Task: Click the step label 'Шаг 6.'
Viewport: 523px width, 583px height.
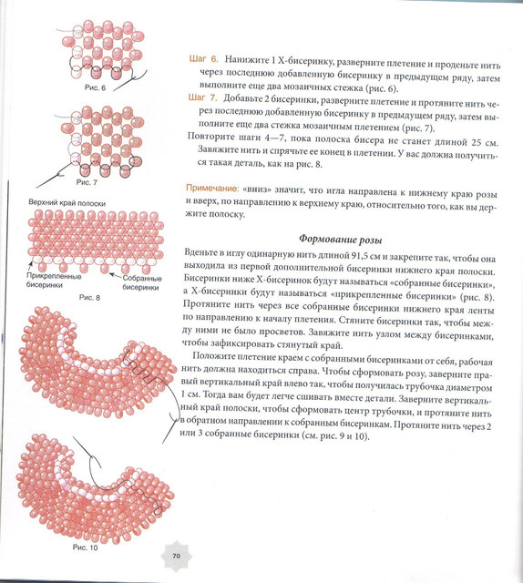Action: tap(203, 59)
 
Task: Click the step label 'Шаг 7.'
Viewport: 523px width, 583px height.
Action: tap(202, 97)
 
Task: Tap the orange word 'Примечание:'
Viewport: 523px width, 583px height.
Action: tap(211, 189)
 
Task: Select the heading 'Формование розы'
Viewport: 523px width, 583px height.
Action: tap(341, 240)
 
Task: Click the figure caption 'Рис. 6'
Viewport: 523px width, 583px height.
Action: tap(95, 87)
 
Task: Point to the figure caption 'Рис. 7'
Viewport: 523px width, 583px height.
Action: tap(87, 182)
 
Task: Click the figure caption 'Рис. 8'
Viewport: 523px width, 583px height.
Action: tap(89, 298)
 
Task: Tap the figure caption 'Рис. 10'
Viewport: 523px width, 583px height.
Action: tap(85, 547)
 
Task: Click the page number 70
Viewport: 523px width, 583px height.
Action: tap(177, 556)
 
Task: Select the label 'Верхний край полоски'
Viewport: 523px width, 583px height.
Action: tap(67, 203)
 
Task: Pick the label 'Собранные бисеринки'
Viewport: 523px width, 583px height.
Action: tap(142, 282)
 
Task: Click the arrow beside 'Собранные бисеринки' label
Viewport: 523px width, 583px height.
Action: tap(116, 275)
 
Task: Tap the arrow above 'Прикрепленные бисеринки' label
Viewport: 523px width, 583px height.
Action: tap(30, 266)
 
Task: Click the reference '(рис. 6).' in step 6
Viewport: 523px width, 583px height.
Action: tap(382, 89)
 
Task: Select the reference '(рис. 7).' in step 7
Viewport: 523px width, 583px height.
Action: tap(418, 128)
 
